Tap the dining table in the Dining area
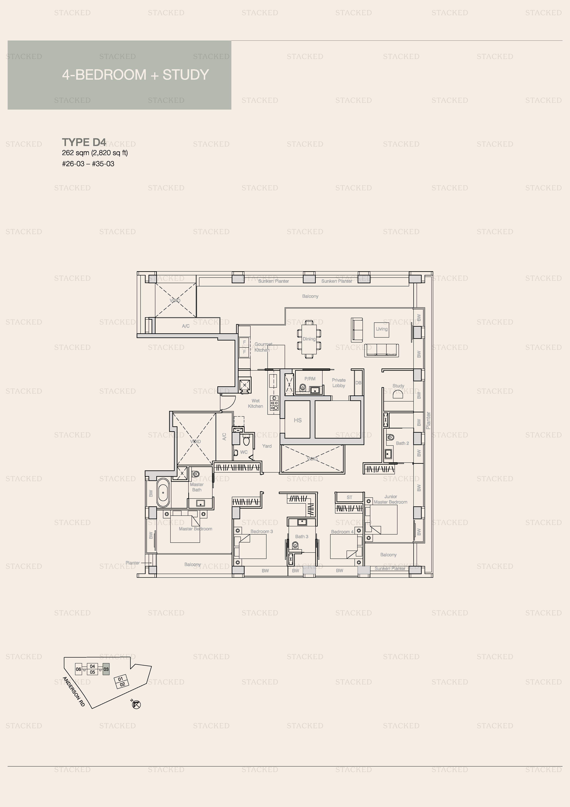tap(309, 339)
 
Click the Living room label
tap(382, 329)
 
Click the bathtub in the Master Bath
tap(163, 492)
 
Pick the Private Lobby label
tap(339, 383)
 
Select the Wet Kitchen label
tap(256, 404)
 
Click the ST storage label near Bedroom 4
tap(350, 497)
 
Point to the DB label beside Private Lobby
tap(358, 383)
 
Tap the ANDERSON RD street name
tap(74, 692)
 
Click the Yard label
tap(267, 446)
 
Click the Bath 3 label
tap(302, 536)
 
